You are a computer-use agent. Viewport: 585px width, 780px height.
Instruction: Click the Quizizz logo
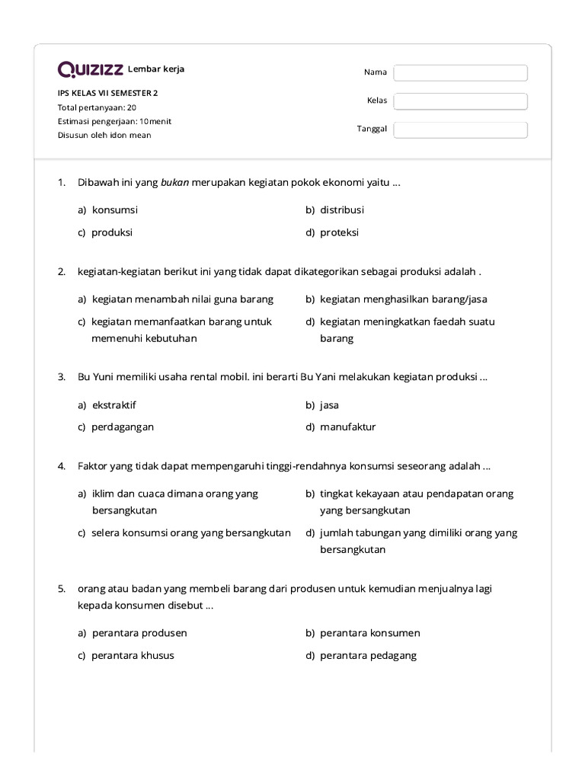[x=91, y=70]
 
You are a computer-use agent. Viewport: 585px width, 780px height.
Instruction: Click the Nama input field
[x=460, y=72]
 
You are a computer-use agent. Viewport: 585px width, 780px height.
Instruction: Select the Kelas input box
[x=460, y=101]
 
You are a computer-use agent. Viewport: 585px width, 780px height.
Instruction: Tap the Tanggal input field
[x=460, y=129]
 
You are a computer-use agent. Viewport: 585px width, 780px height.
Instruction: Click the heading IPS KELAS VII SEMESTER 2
[x=108, y=93]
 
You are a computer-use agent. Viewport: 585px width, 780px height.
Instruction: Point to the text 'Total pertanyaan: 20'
[x=97, y=107]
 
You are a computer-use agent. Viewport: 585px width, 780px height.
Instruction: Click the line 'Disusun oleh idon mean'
[x=104, y=135]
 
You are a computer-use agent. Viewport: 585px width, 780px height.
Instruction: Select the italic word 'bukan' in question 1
[x=174, y=182]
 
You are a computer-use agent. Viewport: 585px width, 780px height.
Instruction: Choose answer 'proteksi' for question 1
[x=339, y=232]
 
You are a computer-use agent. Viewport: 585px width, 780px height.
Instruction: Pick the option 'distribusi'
[x=342, y=209]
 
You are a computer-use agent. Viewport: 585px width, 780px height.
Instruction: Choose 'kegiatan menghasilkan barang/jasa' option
[x=403, y=299]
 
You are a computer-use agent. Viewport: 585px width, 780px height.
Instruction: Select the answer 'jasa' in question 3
[x=329, y=405]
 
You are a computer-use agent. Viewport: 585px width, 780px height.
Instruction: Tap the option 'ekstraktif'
[x=114, y=405]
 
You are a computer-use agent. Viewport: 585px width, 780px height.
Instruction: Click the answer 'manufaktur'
[x=347, y=427]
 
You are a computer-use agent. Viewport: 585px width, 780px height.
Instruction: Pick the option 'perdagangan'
[x=123, y=427]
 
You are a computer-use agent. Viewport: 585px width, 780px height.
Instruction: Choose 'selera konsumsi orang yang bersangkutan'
[x=191, y=532]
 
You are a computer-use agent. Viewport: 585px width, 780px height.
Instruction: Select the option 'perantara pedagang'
[x=368, y=655]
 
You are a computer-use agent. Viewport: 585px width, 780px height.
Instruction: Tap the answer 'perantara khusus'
[x=133, y=655]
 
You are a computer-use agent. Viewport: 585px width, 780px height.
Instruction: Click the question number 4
[x=62, y=465]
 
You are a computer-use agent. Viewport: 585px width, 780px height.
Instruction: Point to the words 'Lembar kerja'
[x=156, y=69]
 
